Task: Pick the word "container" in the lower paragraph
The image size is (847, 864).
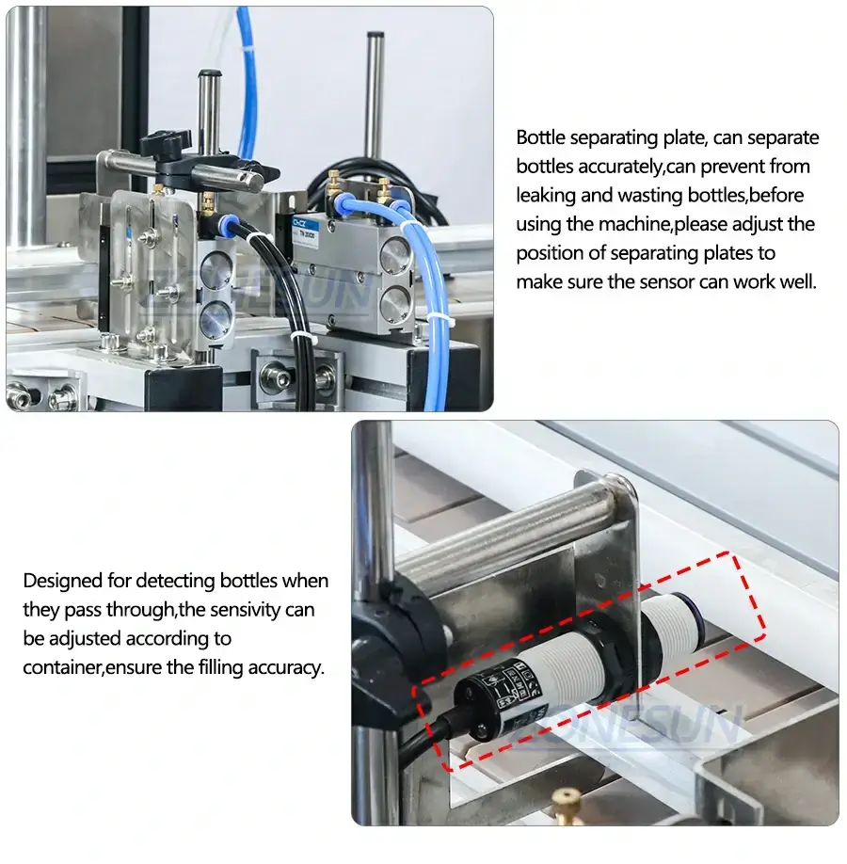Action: (62, 667)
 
